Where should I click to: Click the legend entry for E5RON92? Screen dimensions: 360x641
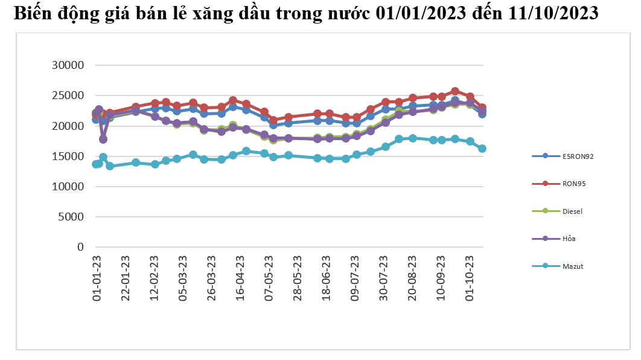[573, 156]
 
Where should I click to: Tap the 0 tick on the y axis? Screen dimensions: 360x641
[79, 247]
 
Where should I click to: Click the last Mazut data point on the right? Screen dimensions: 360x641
[482, 149]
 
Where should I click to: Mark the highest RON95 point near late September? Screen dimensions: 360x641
[455, 91]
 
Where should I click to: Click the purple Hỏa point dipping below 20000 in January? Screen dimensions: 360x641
[103, 139]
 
